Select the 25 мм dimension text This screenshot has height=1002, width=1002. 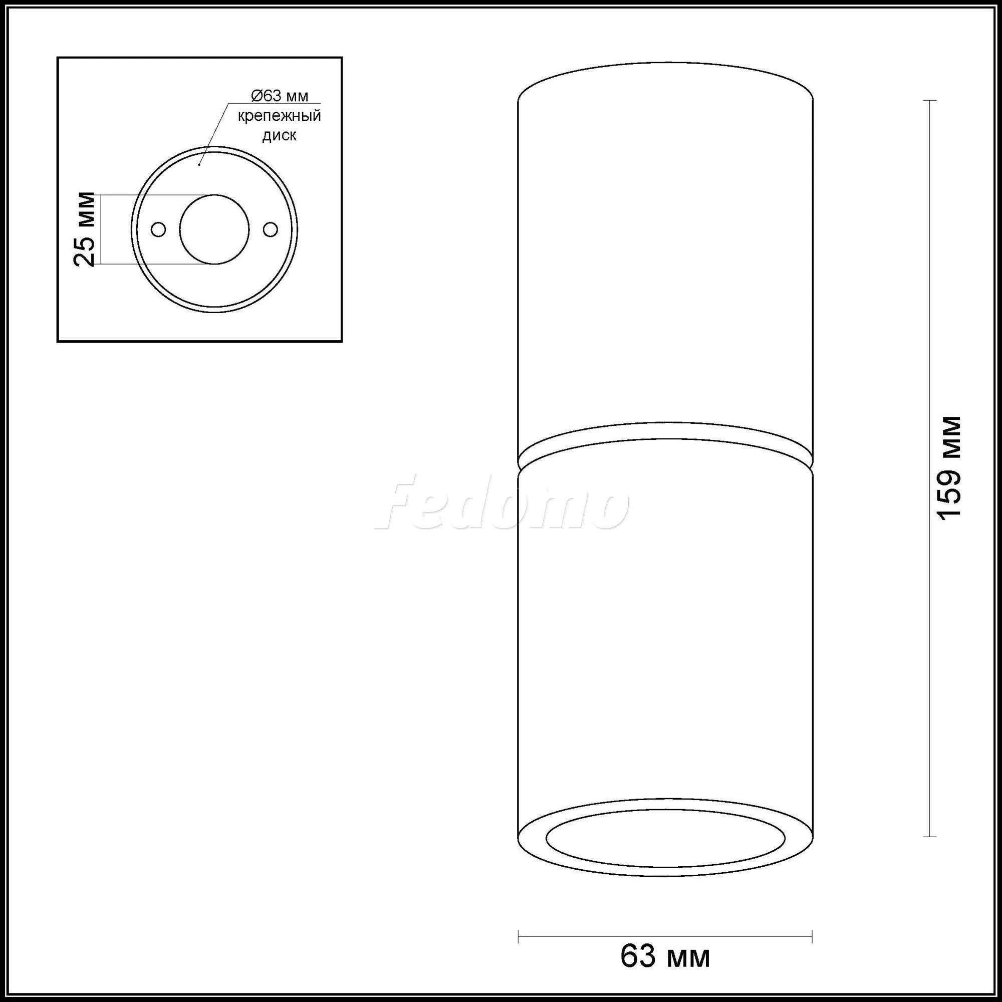point(85,229)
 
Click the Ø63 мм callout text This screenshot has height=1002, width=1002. point(280,96)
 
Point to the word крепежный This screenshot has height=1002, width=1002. point(280,116)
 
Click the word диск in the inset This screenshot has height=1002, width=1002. point(280,136)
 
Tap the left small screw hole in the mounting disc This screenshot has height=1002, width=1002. point(158,229)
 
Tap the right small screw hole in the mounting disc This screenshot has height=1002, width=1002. point(270,229)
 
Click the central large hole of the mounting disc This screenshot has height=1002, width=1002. point(214,229)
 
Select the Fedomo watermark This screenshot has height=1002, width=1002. point(501,503)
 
